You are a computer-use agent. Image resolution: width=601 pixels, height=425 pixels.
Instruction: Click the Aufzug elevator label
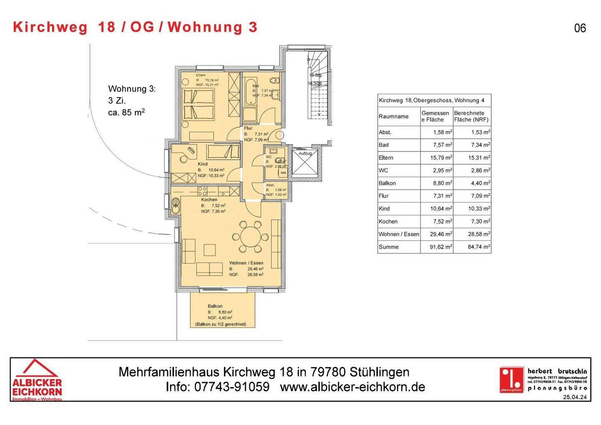[305, 153]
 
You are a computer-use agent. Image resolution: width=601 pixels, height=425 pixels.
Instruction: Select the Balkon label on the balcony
[215, 306]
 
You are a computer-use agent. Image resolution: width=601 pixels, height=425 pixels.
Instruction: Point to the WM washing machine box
[283, 173]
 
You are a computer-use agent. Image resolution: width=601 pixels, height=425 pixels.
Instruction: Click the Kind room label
[202, 164]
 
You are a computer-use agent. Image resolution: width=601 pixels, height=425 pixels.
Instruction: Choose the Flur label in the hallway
[248, 128]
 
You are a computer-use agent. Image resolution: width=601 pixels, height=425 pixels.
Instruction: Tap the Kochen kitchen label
[209, 200]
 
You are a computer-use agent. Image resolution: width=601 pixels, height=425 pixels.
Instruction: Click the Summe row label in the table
[389, 247]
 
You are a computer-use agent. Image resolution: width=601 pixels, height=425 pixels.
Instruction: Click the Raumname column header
[394, 116]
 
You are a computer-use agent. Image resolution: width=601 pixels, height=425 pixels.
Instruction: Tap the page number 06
[580, 28]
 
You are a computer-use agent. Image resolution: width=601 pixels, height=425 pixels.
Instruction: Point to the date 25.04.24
[575, 397]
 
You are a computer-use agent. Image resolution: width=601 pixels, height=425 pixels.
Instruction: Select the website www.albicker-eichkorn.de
[353, 387]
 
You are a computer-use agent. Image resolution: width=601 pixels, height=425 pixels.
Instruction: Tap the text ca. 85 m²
[126, 112]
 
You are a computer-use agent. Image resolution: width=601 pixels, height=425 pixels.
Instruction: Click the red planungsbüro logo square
[512, 379]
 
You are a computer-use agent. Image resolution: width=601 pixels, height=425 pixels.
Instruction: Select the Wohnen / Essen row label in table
[399, 234]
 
